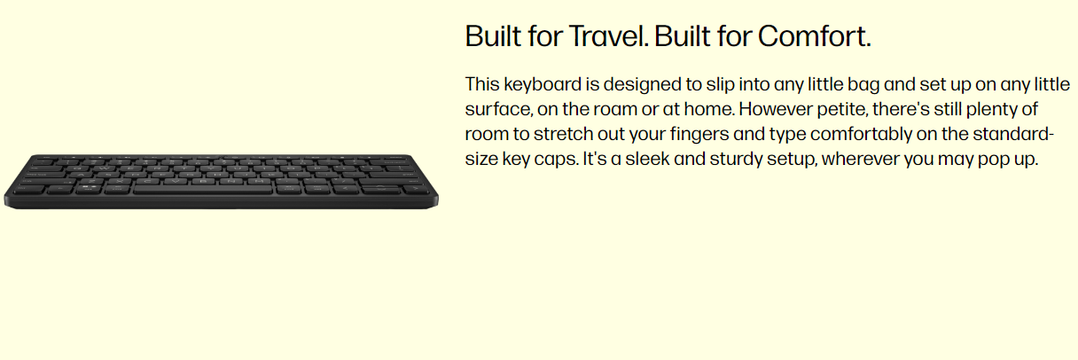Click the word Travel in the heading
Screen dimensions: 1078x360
point(608,36)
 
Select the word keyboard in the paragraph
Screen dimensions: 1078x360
point(543,85)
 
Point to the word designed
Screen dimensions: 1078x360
point(642,85)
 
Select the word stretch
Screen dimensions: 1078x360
point(563,134)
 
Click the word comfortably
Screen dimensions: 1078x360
point(861,134)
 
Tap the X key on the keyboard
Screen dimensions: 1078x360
point(119,182)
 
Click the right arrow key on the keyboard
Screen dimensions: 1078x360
point(415,189)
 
